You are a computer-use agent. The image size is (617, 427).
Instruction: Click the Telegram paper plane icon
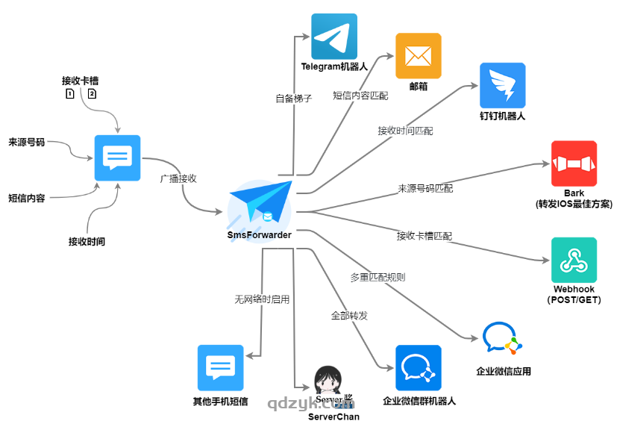[334, 36]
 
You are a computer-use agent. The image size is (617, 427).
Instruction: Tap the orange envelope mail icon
[418, 56]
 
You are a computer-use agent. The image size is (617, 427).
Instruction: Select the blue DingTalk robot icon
[502, 85]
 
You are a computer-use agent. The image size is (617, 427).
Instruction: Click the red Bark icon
[574, 163]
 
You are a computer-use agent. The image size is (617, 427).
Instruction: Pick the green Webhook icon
[574, 260]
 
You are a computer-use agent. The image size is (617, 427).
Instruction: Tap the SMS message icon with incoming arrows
[117, 158]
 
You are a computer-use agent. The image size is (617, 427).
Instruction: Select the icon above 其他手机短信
[220, 367]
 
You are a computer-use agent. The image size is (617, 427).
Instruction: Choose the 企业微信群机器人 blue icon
[418, 367]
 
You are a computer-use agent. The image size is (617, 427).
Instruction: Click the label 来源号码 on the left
[27, 142]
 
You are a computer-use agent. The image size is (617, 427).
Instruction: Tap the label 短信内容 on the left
[27, 198]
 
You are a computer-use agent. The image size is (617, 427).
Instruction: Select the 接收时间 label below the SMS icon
[87, 241]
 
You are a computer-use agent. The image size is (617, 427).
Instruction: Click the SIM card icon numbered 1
[69, 94]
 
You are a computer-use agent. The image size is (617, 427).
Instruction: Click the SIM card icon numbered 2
[92, 94]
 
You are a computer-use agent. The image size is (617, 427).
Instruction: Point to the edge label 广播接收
[178, 179]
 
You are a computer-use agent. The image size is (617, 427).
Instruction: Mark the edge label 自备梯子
[293, 98]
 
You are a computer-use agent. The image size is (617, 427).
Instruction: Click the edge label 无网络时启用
[262, 299]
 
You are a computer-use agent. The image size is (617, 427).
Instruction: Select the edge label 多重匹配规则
[378, 277]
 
